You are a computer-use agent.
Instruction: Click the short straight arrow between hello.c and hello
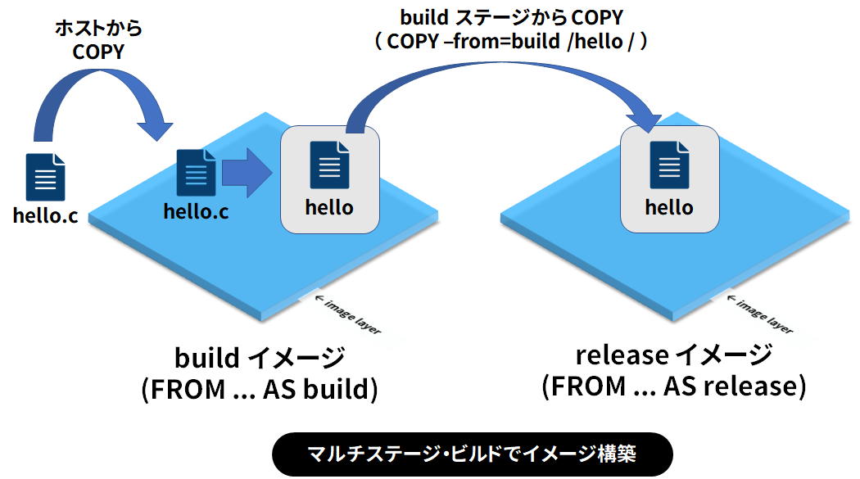click(x=247, y=173)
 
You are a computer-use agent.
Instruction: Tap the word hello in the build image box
click(x=329, y=207)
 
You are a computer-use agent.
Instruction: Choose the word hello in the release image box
click(x=669, y=207)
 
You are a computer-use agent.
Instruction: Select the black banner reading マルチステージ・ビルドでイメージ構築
click(x=472, y=454)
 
